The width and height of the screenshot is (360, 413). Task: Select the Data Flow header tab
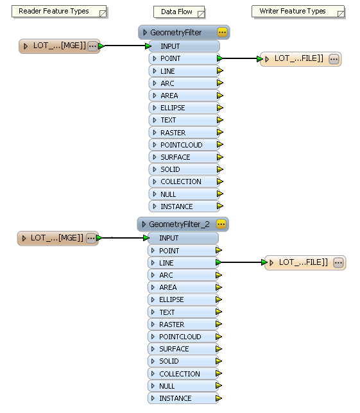click(178, 12)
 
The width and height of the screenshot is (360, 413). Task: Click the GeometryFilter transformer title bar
click(176, 32)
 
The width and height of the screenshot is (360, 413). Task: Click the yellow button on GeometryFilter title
click(222, 32)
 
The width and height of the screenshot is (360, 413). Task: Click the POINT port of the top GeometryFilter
click(184, 58)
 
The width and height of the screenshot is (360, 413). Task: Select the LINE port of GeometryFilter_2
click(182, 263)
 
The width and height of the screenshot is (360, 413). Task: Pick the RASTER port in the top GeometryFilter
click(184, 133)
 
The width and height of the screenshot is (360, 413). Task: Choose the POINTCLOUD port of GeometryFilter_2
click(182, 337)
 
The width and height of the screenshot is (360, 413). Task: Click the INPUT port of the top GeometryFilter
click(184, 46)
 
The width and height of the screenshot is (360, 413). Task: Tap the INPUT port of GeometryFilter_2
click(182, 238)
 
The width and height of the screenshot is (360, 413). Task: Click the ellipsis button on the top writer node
click(334, 59)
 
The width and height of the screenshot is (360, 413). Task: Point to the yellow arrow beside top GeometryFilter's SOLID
click(220, 169)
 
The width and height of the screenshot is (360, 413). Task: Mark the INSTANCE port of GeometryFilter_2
click(182, 398)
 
